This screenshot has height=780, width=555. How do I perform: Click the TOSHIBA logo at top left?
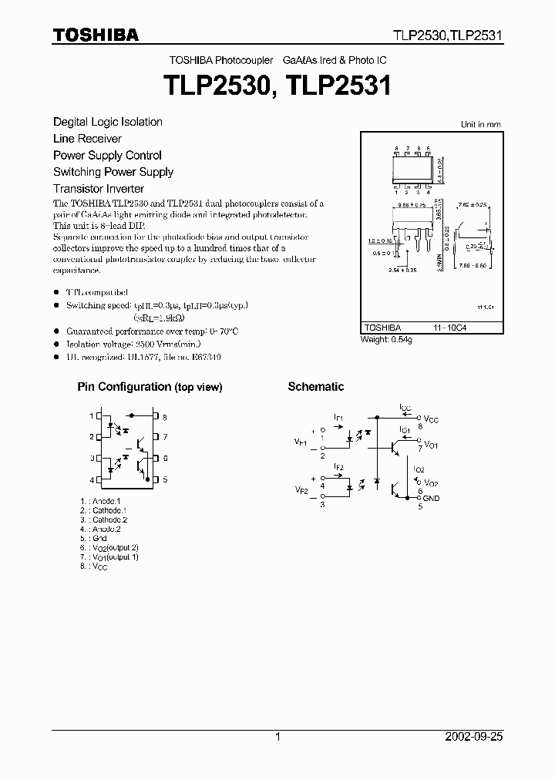coord(96,35)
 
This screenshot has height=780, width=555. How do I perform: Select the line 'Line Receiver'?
coord(87,139)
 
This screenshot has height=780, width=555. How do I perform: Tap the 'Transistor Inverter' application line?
coord(99,189)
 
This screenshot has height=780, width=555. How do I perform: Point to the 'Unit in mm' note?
coord(480,124)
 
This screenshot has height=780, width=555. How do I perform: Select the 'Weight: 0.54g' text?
coord(386,340)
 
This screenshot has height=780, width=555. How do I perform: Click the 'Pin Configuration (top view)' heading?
coord(150,387)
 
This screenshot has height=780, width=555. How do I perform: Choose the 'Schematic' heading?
coord(316,387)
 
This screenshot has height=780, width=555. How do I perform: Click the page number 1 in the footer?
coord(277,737)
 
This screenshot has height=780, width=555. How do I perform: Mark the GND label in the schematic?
coord(431,499)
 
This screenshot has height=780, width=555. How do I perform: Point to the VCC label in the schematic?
coord(431,419)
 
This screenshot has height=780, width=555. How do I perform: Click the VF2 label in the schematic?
coord(301,490)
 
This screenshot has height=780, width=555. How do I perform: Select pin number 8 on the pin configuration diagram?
coord(164,417)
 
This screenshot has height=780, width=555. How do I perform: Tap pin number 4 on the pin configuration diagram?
coord(91,480)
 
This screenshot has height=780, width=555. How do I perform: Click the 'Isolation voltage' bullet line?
coord(123,345)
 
